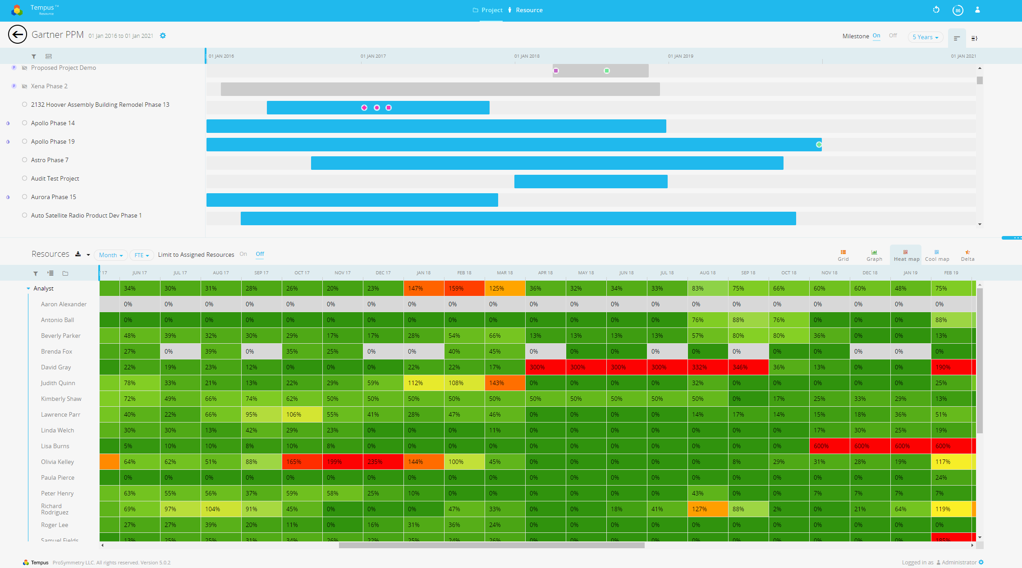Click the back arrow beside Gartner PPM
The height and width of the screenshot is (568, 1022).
point(18,34)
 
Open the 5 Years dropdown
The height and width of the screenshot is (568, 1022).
point(925,37)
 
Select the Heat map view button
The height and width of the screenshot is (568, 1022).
point(906,255)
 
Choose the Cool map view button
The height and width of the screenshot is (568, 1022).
point(937,255)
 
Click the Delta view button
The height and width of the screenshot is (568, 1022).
point(967,255)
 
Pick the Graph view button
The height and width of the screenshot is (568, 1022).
point(874,255)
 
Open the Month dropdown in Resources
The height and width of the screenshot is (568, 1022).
point(110,255)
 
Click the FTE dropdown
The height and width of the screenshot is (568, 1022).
point(142,255)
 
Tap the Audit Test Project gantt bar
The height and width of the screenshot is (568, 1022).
point(591,182)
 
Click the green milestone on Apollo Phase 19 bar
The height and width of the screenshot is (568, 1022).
point(819,145)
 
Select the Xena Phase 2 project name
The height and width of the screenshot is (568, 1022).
point(49,86)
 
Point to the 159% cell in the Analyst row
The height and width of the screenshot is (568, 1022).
point(464,289)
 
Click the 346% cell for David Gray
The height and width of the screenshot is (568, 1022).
point(748,368)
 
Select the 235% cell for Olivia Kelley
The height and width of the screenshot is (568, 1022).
point(383,462)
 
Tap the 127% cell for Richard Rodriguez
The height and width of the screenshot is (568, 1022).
point(707,509)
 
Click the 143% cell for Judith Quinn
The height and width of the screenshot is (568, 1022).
point(504,383)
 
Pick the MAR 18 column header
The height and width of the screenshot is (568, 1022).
point(504,273)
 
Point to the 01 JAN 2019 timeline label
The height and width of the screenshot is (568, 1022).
point(680,56)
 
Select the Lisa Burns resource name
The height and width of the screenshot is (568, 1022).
point(55,446)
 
